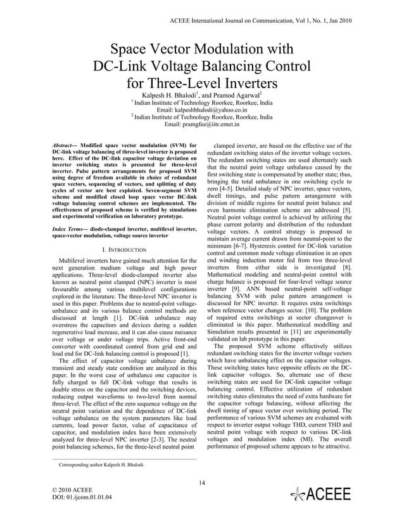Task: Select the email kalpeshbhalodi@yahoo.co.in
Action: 201,109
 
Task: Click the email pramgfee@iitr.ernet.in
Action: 201,124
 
